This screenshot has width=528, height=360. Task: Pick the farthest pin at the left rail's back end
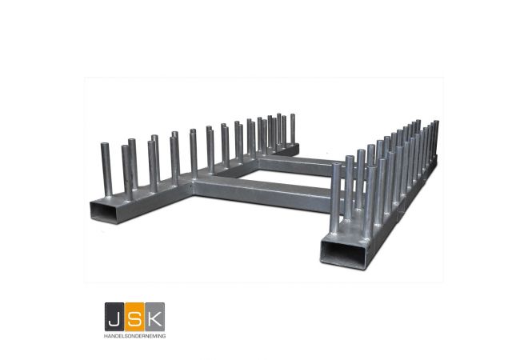pos(292,128)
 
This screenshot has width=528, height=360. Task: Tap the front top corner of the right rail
pos(323,238)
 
